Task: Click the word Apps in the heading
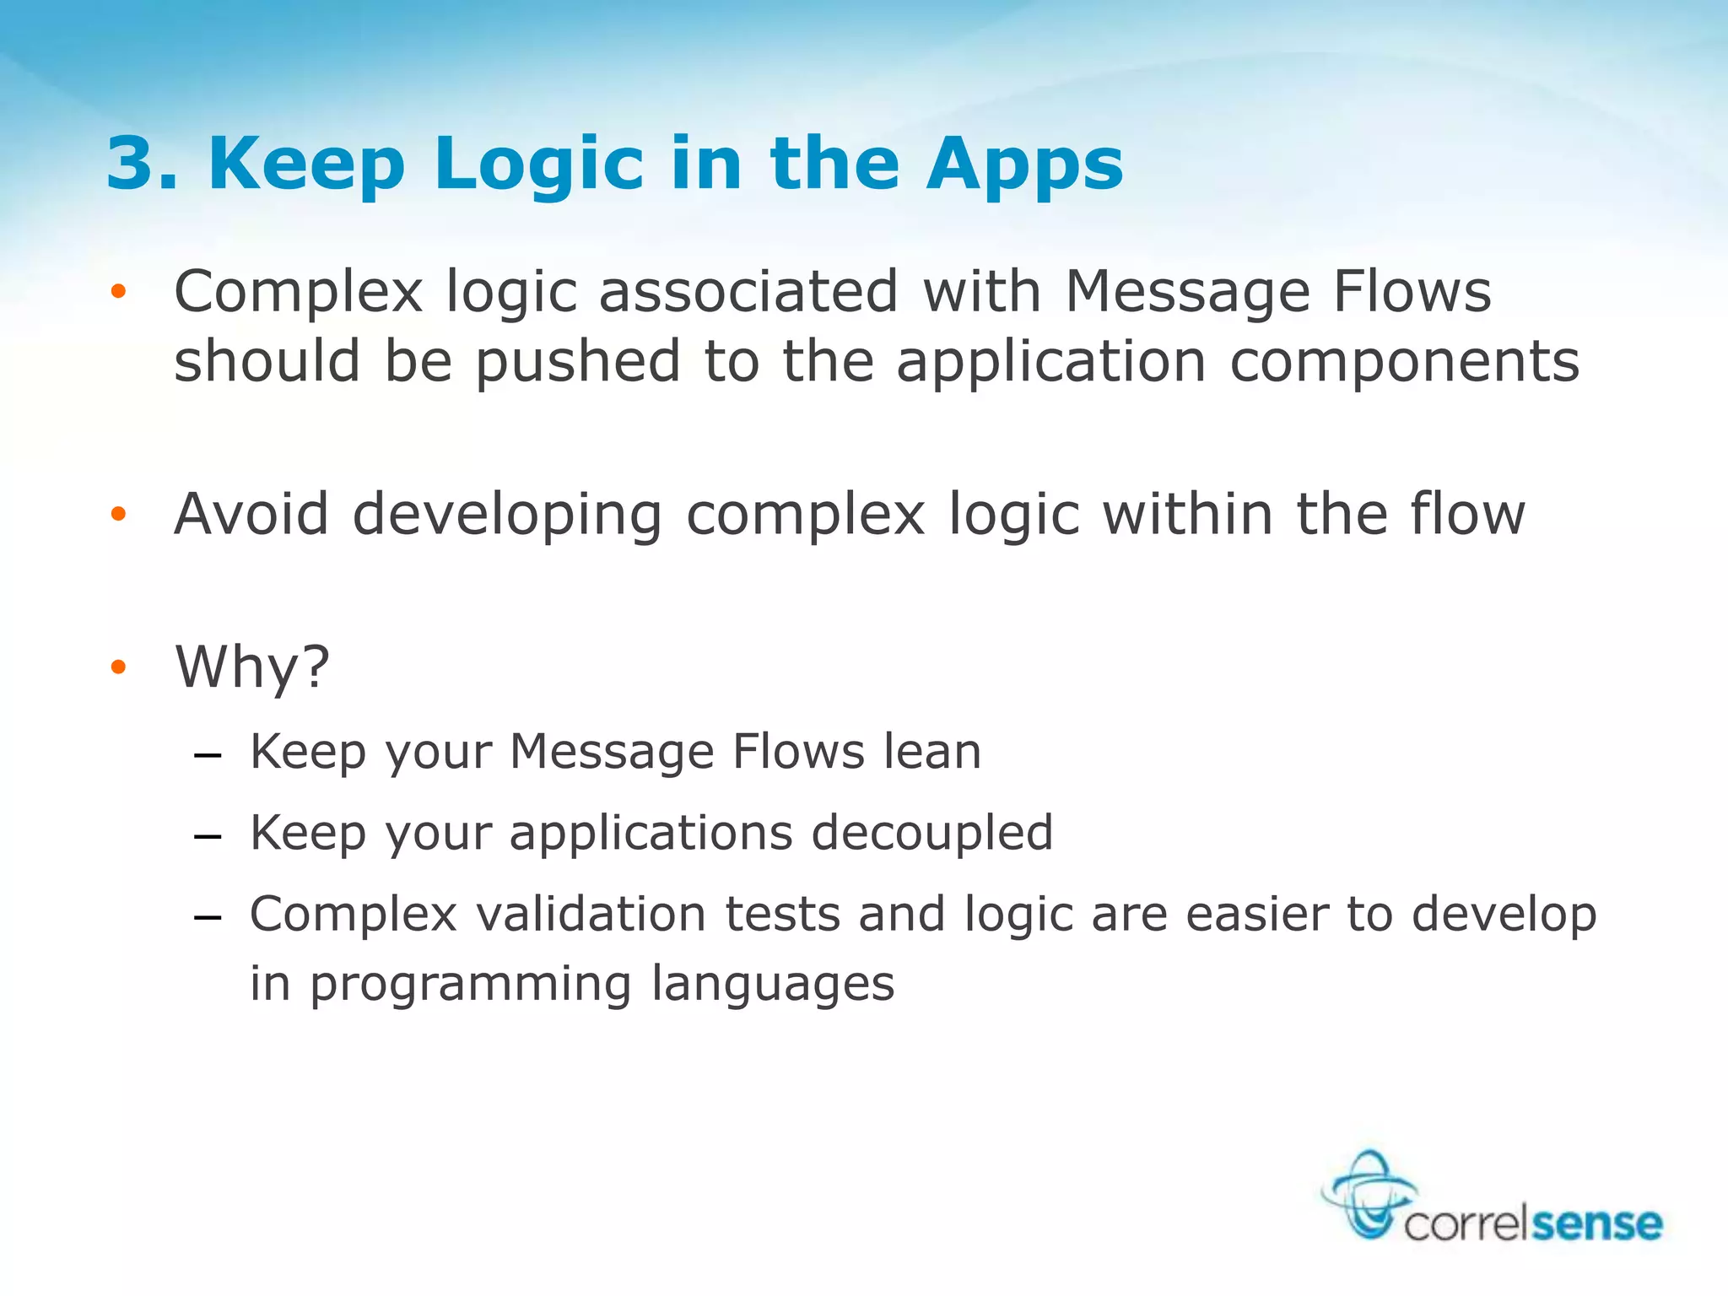1024,164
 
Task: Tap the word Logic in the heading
539,164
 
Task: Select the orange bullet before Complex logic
118,292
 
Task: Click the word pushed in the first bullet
577,361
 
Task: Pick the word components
1404,361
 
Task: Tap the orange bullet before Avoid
118,514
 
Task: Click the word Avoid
251,514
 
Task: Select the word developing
507,514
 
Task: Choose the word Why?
252,667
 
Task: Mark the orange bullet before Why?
118,667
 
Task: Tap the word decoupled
932,833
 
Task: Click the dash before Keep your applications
208,836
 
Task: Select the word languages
773,984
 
